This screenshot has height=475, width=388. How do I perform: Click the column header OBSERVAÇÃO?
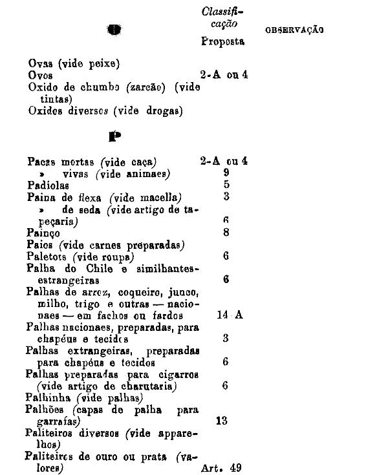pos(294,30)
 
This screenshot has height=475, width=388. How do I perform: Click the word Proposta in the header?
pos(222,41)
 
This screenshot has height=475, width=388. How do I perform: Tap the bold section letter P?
pos(115,136)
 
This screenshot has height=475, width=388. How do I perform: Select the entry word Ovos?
pos(41,75)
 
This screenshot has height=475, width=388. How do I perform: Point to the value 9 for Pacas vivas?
pos(226,173)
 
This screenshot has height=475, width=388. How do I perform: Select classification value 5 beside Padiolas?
pos(226,185)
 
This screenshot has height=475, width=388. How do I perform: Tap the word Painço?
pos(43,232)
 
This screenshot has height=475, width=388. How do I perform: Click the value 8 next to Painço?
pos(226,232)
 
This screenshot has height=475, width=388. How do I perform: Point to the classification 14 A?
pos(230,315)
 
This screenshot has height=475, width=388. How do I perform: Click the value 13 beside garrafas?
pos(222,421)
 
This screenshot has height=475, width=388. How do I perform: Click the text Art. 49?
pos(222,468)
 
